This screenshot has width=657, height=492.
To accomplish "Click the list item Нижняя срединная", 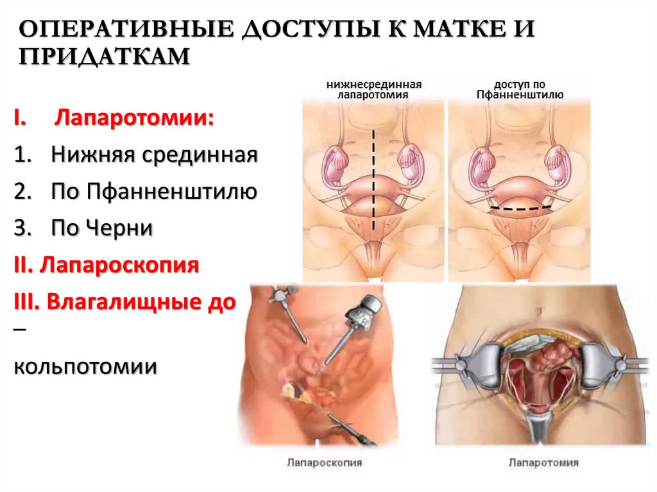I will pos(155,155).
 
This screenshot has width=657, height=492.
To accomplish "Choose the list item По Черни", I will pos(103,228).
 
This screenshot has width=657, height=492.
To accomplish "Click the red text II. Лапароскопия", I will pos(106,264).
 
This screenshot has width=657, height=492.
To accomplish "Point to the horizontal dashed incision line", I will pos(520,209).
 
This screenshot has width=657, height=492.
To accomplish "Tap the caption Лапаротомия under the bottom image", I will pos(543,462).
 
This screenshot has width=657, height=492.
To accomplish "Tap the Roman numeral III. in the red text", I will pos(26,301).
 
